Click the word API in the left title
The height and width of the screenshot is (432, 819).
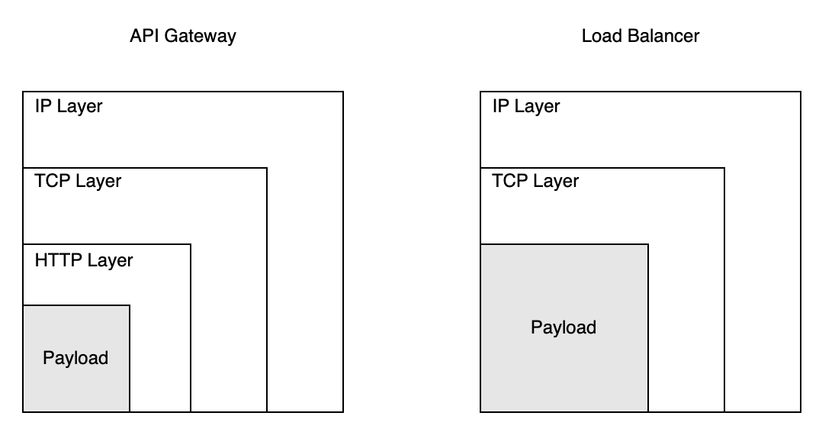[143, 36]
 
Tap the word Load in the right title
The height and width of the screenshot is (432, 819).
[599, 36]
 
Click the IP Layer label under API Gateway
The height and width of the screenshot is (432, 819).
[69, 106]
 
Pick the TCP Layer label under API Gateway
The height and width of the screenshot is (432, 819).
[78, 182]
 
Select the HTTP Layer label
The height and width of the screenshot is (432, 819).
[84, 260]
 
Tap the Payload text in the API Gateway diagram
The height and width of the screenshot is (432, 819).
[75, 358]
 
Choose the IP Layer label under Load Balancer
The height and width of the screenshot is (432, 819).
[526, 106]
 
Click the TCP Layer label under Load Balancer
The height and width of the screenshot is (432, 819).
[535, 182]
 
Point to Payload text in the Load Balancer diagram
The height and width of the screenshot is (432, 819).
[564, 327]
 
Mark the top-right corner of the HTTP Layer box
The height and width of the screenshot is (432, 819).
[191, 244]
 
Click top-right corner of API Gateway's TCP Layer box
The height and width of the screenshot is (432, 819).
[267, 168]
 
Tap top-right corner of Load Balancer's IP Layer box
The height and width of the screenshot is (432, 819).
[801, 92]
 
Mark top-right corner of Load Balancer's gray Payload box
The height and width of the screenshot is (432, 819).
[648, 244]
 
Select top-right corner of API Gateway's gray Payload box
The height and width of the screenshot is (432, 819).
[130, 305]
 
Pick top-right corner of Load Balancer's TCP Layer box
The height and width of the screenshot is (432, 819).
[724, 168]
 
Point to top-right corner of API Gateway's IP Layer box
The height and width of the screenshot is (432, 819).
[343, 92]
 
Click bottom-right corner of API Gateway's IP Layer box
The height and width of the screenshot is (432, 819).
[343, 412]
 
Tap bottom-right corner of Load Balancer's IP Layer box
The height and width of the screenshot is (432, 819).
[801, 412]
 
